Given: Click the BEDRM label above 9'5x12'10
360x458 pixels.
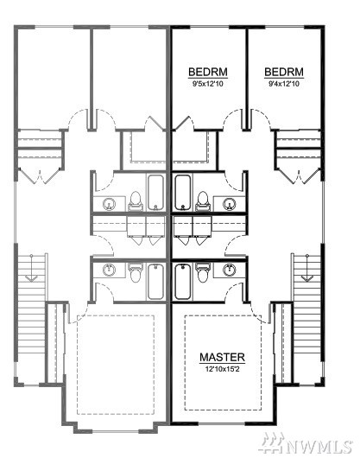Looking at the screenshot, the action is (x=208, y=72).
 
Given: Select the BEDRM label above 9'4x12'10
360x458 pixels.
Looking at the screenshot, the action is (x=284, y=72).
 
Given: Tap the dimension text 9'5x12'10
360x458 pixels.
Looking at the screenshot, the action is (x=208, y=84).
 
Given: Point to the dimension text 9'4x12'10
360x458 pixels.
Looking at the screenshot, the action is (x=284, y=84).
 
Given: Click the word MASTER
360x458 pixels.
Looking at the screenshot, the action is (x=222, y=357).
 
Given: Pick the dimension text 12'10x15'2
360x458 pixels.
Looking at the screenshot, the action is (x=222, y=369).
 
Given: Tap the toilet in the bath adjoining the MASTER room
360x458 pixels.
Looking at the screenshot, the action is (x=202, y=272).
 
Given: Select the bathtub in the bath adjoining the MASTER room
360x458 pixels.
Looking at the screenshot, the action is (x=183, y=282).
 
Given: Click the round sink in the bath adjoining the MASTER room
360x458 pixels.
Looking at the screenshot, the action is (x=230, y=270).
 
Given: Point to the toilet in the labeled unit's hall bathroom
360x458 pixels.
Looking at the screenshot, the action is (x=203, y=201).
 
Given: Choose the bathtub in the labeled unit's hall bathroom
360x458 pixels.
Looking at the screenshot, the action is (x=183, y=192).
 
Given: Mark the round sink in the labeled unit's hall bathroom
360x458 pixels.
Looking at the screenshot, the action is (x=230, y=204).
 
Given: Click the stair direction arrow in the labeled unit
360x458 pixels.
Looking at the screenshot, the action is (x=306, y=268).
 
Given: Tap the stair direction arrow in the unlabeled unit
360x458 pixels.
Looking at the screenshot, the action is (x=31, y=268).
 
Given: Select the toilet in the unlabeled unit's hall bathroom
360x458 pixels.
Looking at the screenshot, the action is (x=136, y=201).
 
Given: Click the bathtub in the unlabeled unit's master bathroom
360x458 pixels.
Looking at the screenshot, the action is (x=155, y=282).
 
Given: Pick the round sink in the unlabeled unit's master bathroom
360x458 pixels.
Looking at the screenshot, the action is (x=109, y=270).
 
